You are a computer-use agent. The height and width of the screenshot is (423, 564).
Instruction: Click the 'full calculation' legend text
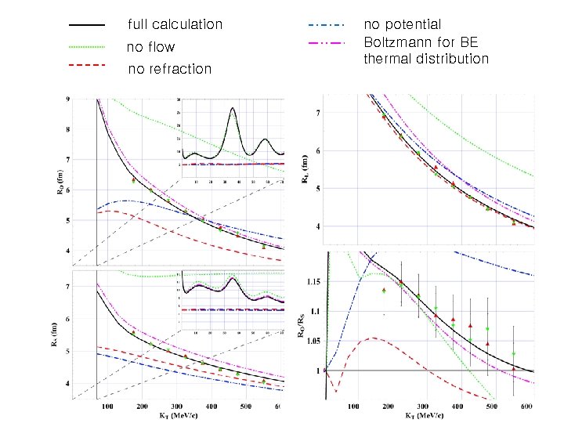point(175,25)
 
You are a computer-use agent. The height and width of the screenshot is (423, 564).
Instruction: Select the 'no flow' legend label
point(150,48)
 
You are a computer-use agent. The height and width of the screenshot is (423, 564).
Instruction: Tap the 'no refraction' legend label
point(169,69)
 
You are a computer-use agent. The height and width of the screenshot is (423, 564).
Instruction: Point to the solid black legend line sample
point(87,24)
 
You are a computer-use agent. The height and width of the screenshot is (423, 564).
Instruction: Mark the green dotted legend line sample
point(87,46)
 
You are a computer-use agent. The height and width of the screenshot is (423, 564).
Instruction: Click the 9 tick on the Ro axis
point(67,99)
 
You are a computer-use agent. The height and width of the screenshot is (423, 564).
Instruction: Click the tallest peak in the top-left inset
point(233,110)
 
